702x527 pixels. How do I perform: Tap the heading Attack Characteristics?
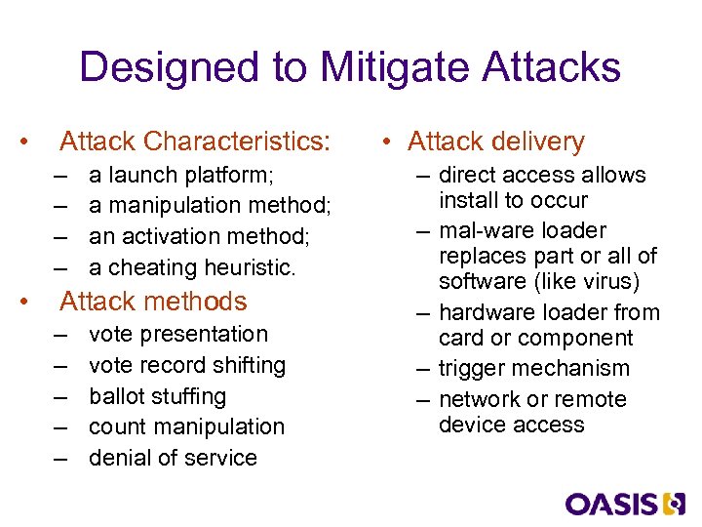(x=195, y=142)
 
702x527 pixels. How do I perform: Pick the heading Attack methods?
(x=153, y=302)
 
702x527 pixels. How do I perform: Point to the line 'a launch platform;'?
(x=181, y=176)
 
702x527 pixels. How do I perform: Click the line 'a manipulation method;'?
(x=210, y=206)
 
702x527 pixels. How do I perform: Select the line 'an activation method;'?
(x=198, y=237)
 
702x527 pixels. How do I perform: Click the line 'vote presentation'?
(x=177, y=334)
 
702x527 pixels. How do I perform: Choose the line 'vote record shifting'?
(x=187, y=365)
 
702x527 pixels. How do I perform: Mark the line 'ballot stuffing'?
(x=157, y=396)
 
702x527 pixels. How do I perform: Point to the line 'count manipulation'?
(x=186, y=427)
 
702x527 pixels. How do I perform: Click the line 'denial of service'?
(x=173, y=458)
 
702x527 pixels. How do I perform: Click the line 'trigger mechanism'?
(x=533, y=369)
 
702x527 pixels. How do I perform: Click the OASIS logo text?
(x=611, y=504)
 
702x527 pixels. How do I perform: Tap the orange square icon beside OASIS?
(x=675, y=504)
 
